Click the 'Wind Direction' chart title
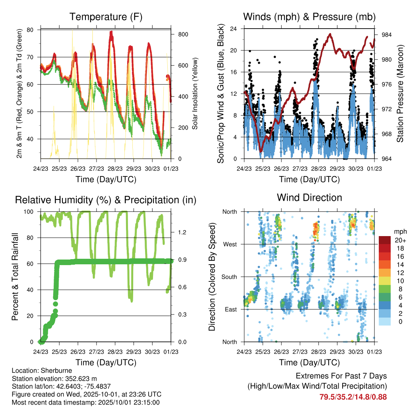pyautogui.click(x=309, y=198)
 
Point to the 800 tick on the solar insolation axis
pyautogui.click(x=183, y=35)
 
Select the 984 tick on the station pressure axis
pyautogui.click(x=387, y=35)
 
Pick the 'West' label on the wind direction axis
pyautogui.click(x=230, y=244)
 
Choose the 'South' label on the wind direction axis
pyautogui.click(x=229, y=277)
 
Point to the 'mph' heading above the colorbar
pyautogui.click(x=399, y=231)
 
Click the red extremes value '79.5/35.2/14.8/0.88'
pyautogui.click(x=353, y=397)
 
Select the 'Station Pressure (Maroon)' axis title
pyautogui.click(x=400, y=94)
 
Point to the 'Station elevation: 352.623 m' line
pyautogui.click(x=54, y=378)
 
